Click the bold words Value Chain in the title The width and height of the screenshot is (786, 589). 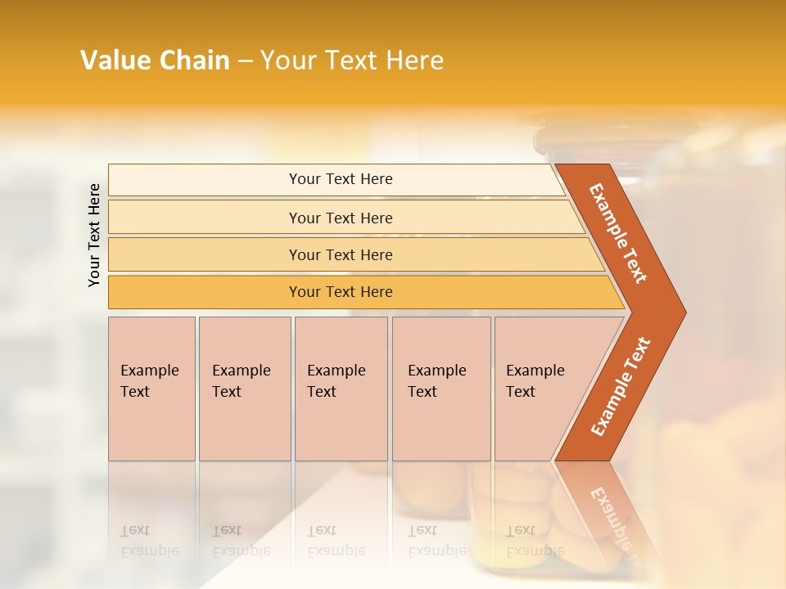click(x=155, y=61)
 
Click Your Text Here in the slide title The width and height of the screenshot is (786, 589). click(x=352, y=61)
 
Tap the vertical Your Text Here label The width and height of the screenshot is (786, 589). click(x=94, y=235)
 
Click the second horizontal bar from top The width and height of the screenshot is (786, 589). click(x=340, y=218)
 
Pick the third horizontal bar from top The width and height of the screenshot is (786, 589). click(x=340, y=254)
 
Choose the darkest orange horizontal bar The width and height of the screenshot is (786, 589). click(x=340, y=292)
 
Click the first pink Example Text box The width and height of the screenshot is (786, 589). click(x=151, y=389)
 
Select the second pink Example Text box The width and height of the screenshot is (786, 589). click(x=244, y=389)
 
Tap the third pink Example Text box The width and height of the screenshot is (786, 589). click(x=341, y=389)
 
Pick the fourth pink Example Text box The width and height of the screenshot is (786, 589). click(x=440, y=389)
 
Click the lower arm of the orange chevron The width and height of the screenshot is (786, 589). click(x=620, y=387)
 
